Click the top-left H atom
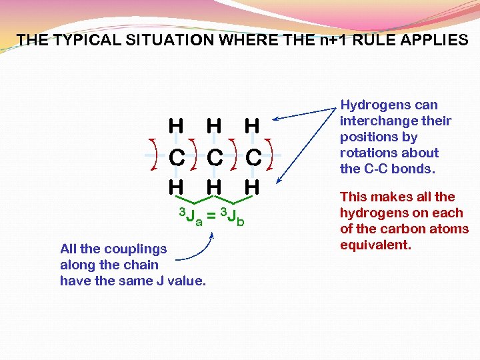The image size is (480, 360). coord(177,125)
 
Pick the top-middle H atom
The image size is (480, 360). coord(214,125)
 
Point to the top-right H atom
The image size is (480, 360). coord(251,125)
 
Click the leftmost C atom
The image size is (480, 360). coord(177,157)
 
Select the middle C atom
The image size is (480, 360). coord(214,157)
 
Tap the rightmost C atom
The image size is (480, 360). coord(252,157)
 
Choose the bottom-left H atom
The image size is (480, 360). coord(177,188)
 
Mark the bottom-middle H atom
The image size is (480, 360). coord(214,188)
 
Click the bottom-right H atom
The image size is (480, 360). coord(251,188)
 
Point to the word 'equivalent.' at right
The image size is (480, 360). coord(374,245)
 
